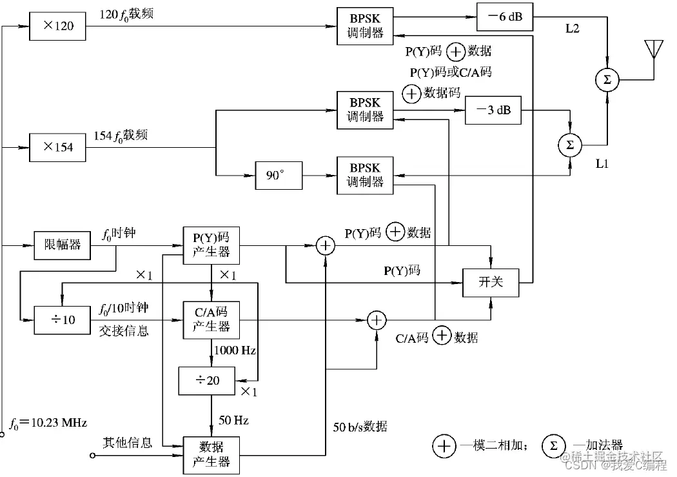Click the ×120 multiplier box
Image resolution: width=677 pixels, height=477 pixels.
57,26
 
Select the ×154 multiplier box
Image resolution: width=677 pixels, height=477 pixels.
57,147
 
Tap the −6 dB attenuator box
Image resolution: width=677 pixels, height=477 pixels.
505,17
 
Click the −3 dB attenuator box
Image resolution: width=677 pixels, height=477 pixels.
493,110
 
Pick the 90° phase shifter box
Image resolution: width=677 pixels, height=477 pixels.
279,176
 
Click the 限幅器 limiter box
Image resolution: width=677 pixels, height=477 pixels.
62,245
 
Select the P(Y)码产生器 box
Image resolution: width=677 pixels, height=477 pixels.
211,245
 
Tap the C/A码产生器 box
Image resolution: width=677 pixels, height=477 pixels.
211,320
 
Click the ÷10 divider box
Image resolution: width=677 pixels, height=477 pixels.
62,320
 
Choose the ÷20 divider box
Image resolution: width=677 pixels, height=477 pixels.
207,381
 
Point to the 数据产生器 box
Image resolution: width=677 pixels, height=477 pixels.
211,456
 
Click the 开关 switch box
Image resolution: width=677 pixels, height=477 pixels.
491,283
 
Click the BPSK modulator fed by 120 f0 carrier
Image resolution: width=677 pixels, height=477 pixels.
365,26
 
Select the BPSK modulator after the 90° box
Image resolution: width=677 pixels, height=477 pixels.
365,176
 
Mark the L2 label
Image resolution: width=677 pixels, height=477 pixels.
573,28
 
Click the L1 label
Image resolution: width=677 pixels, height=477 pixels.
602,163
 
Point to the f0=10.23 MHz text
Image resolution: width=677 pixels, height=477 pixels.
48,423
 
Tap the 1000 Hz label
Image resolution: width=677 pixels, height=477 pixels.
235,350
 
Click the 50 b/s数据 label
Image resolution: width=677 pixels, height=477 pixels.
360,427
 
